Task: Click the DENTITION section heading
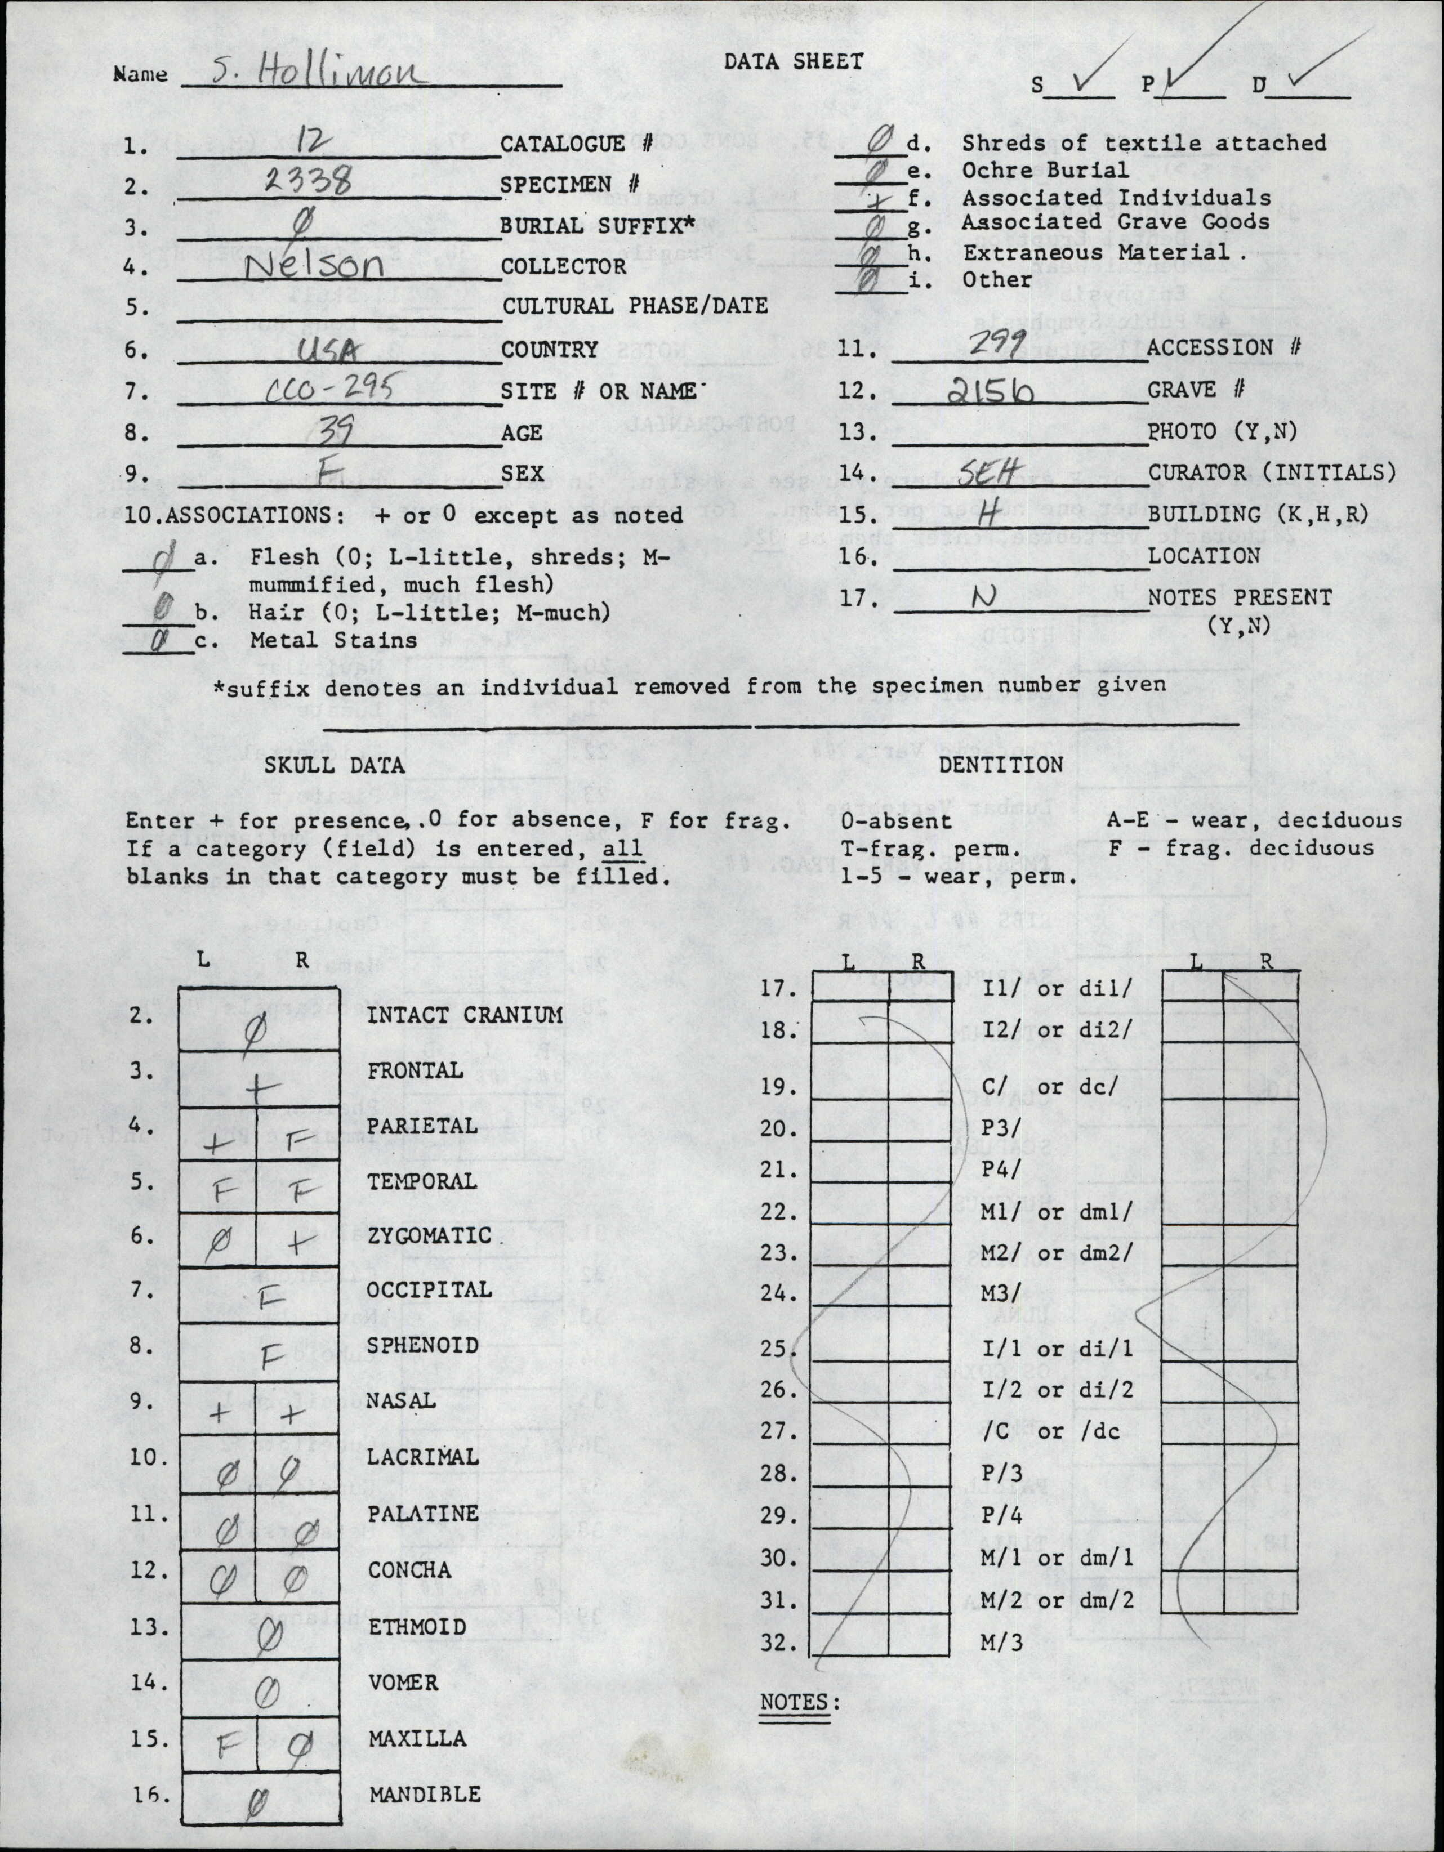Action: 1001,765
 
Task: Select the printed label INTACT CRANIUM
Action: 465,1015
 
